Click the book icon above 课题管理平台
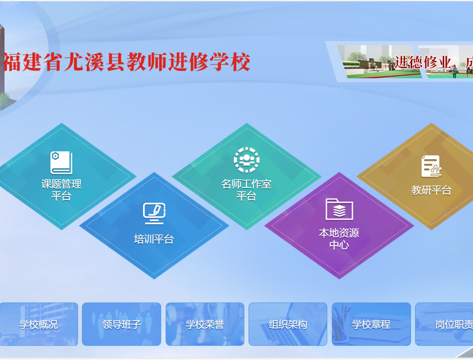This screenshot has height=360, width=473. pyautogui.click(x=61, y=163)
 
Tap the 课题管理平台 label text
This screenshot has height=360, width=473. pyautogui.click(x=61, y=190)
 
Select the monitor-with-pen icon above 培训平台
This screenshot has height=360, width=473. pyautogui.click(x=154, y=213)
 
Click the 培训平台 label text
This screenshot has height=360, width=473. pyautogui.click(x=154, y=239)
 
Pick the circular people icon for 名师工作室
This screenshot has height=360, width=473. pyautogui.click(x=246, y=160)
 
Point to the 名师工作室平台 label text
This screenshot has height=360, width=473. pyautogui.click(x=246, y=190)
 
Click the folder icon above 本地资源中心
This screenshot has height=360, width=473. pyautogui.click(x=339, y=209)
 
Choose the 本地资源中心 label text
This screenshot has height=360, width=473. pyautogui.click(x=339, y=239)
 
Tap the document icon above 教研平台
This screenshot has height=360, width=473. pyautogui.click(x=431, y=166)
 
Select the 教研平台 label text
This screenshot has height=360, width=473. pyautogui.click(x=431, y=191)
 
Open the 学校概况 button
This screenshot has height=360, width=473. pyautogui.click(x=39, y=324)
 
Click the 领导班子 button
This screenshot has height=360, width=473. pyautogui.click(x=121, y=324)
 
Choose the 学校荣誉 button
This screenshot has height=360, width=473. pyautogui.click(x=205, y=324)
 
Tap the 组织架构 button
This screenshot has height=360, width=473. pyautogui.click(x=288, y=324)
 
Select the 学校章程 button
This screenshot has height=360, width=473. pyautogui.click(x=371, y=324)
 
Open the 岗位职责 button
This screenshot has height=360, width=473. pyautogui.click(x=444, y=324)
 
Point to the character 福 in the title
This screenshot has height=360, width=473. pyautogui.click(x=12, y=62)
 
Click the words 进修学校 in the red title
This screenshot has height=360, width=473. pyautogui.click(x=209, y=62)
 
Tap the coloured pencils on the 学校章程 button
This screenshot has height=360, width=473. pyautogui.click(x=341, y=322)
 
